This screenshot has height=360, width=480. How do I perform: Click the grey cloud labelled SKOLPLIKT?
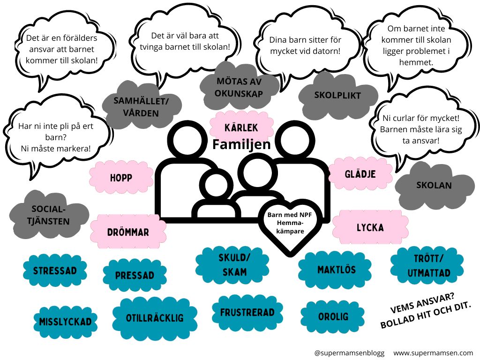click(337, 96)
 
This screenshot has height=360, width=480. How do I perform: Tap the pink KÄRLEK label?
click(241, 127)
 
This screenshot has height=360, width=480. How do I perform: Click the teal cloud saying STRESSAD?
click(55, 270)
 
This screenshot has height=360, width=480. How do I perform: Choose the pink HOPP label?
click(121, 178)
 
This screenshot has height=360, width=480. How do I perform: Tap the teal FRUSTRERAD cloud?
click(247, 312)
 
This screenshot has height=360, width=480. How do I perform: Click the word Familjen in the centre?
click(241, 144)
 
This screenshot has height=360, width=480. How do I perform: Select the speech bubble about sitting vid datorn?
click(305, 45)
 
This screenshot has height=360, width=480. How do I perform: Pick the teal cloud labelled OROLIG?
click(333, 317)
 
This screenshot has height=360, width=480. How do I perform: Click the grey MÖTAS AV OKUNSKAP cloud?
click(239, 87)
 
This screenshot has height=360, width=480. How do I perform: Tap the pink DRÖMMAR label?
click(127, 232)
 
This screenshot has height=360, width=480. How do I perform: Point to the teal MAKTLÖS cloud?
click(336, 270)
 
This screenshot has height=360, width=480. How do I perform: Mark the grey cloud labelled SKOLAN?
click(434, 185)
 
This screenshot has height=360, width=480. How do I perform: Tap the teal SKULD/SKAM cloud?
click(232, 265)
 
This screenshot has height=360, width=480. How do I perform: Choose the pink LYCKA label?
click(370, 227)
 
